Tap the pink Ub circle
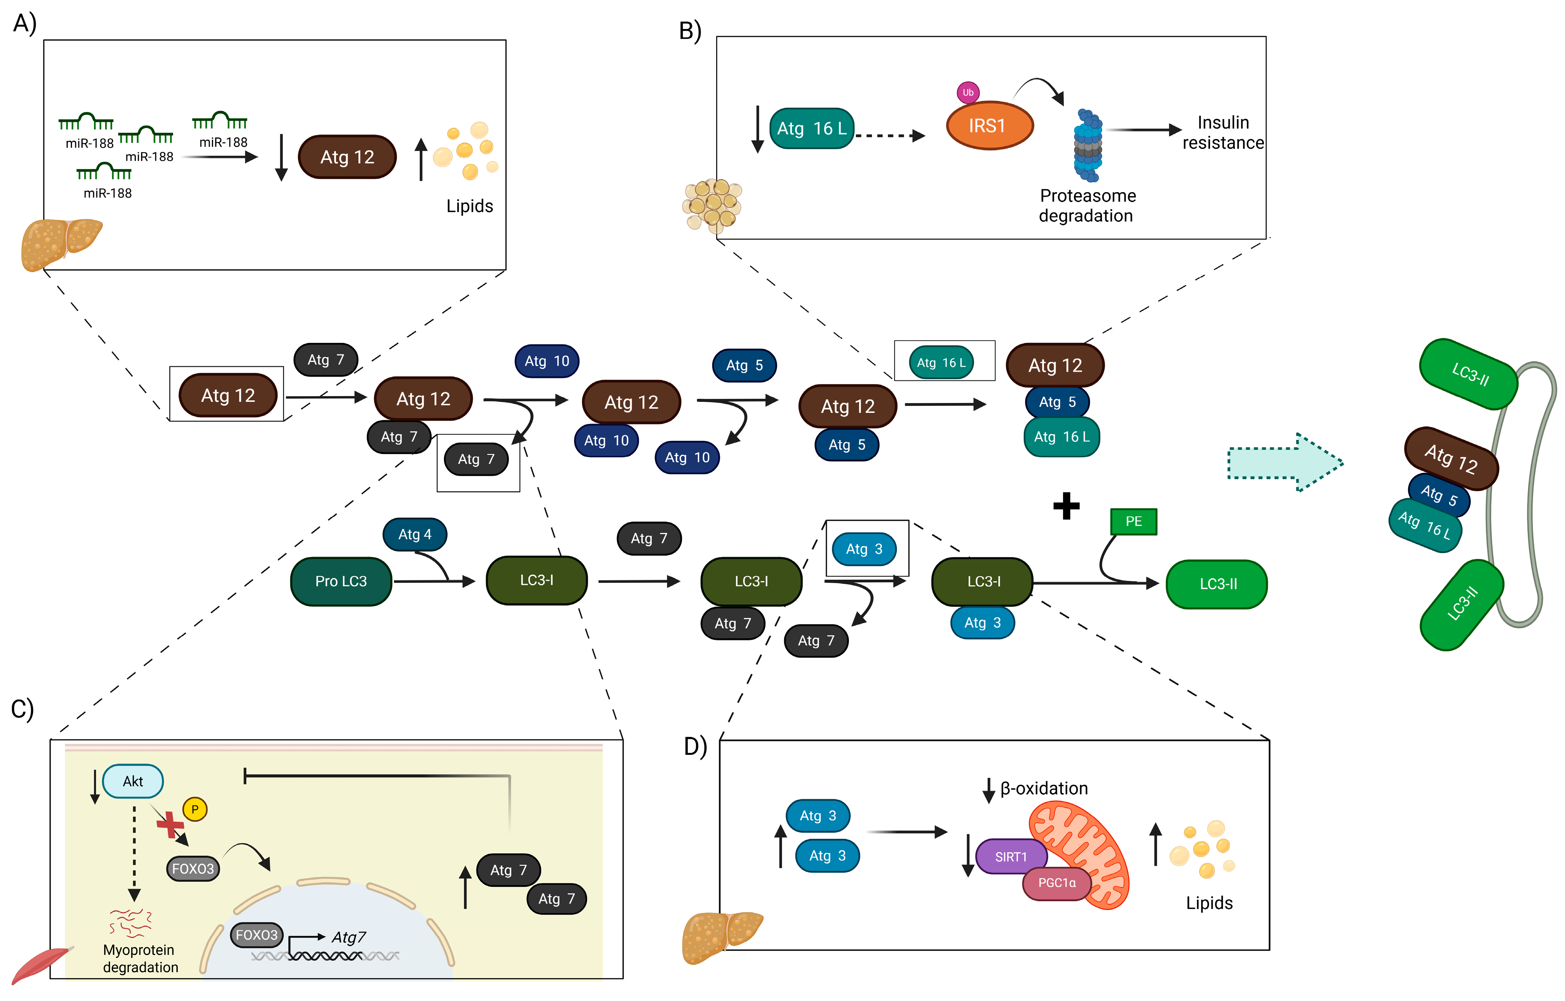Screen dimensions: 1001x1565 coord(968,92)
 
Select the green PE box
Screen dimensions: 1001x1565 coord(1134,521)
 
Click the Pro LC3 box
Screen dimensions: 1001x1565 coord(341,581)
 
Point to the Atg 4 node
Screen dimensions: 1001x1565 coord(415,534)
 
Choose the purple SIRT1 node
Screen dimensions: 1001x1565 coord(1011,857)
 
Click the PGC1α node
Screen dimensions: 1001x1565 coord(1057,883)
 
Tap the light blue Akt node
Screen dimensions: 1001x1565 coord(133,781)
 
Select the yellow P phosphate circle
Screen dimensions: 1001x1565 coord(194,809)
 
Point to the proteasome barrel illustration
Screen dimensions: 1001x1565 coord(1088,146)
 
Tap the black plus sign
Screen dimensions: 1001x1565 coord(1067,506)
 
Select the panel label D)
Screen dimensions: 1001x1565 coord(695,746)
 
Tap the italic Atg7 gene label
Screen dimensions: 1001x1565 coord(349,937)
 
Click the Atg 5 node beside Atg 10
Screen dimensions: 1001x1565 coord(744,365)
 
